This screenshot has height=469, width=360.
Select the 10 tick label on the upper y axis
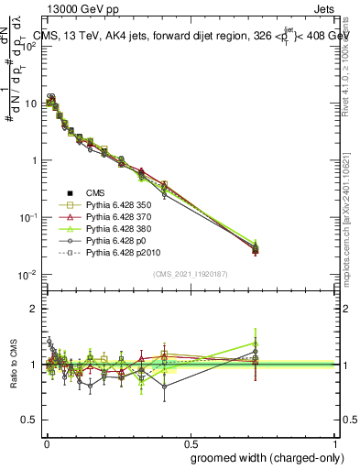31,104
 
